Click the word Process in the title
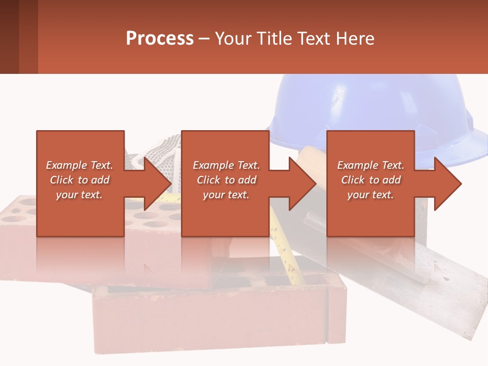coord(160,39)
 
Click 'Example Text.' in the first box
coord(80,165)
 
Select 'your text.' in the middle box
coord(226,195)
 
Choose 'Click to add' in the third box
coord(371,180)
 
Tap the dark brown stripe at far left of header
coord(9,37)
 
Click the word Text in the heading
coord(315,39)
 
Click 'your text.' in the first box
coord(80,195)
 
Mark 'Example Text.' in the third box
coord(371,165)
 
